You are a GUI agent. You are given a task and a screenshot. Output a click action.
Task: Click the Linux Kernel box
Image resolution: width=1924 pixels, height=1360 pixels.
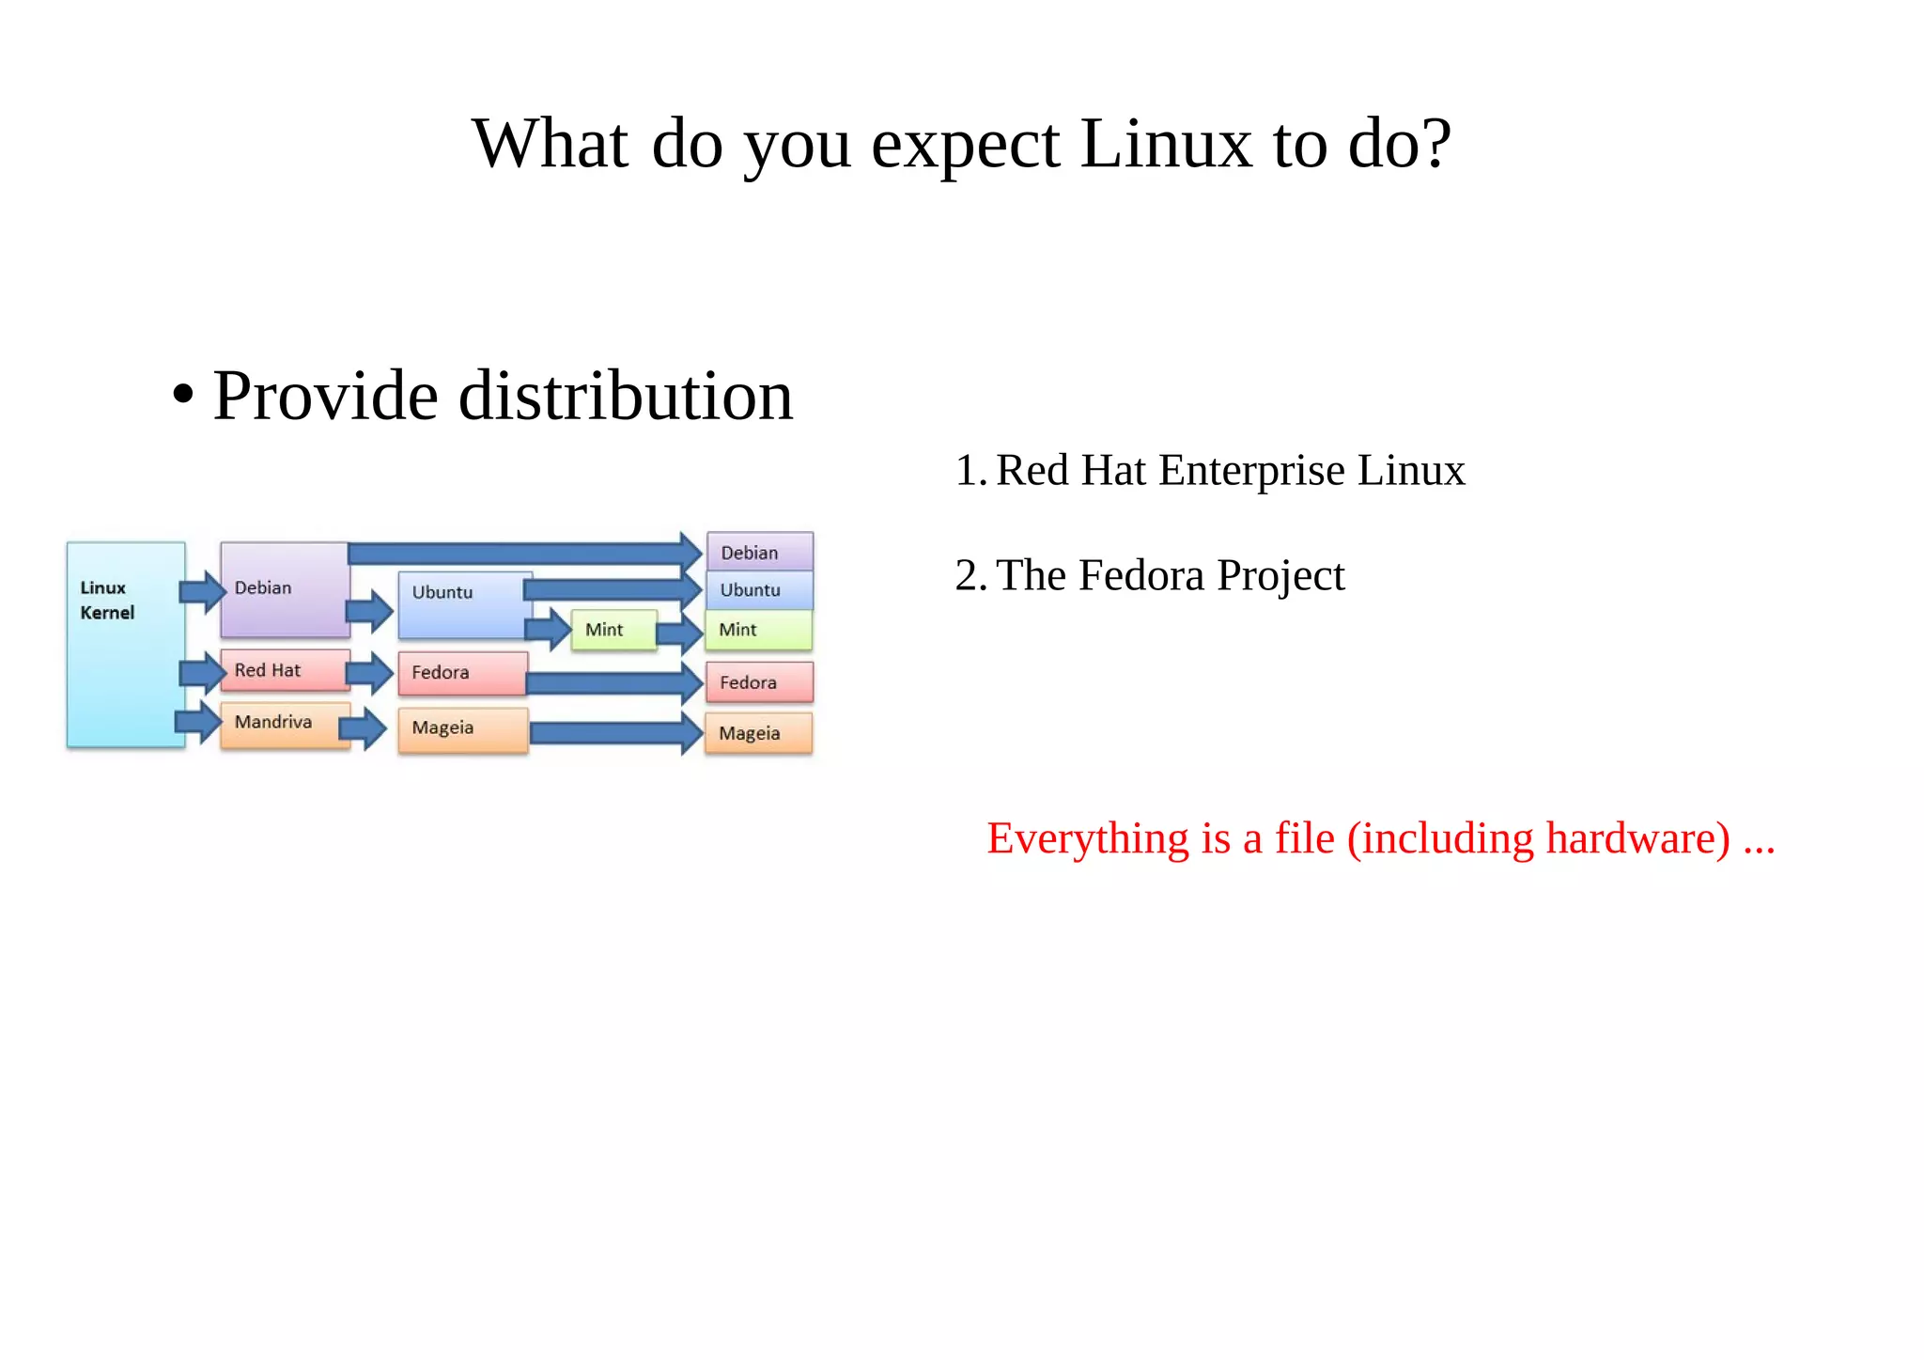point(126,645)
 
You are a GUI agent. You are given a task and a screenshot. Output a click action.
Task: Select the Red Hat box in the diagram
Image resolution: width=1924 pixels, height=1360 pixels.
point(285,670)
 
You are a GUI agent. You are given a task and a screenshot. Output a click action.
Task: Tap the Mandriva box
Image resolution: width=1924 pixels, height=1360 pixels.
point(285,724)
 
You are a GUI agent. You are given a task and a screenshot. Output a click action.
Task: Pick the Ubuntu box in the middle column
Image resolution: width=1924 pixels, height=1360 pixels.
point(463,604)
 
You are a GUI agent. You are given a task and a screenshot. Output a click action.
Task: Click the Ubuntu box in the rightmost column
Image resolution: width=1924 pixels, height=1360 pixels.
point(759,590)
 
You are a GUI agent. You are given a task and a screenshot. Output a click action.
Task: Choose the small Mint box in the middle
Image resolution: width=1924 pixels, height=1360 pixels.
point(613,630)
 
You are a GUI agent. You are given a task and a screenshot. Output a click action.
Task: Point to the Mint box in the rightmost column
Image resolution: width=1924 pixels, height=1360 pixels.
point(759,630)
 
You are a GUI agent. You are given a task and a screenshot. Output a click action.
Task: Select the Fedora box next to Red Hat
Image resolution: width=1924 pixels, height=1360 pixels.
point(462,673)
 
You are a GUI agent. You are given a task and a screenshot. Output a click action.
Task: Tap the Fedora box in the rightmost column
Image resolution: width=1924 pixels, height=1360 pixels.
point(759,682)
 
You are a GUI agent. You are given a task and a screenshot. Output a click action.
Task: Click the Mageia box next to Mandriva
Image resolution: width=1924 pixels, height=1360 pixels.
point(462,729)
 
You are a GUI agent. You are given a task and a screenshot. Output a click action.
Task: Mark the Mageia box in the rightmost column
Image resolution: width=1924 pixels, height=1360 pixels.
point(759,733)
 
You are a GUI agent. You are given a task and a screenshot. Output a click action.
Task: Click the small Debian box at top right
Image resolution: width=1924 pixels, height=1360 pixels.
point(759,552)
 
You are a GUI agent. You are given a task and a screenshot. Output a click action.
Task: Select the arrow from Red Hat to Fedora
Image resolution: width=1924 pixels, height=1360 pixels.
point(370,672)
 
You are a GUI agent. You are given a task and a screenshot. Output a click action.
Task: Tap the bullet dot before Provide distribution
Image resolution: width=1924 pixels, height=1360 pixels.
point(183,396)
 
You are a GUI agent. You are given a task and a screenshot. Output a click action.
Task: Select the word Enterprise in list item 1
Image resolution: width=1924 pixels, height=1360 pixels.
point(1251,470)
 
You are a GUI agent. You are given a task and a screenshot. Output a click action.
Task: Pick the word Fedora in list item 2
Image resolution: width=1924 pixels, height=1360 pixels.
point(1140,575)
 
